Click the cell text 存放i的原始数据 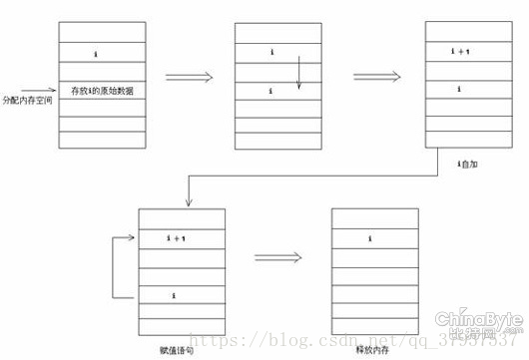[103, 92]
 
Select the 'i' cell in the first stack [95, 50]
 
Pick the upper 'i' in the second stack [271, 50]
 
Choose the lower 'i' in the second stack [271, 91]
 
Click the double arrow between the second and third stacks [378, 75]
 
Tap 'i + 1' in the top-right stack [462, 50]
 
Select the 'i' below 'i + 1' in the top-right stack [459, 91]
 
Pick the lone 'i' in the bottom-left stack [176, 295]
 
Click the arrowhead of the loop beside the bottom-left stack [132, 238]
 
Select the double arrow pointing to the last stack [276, 258]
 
